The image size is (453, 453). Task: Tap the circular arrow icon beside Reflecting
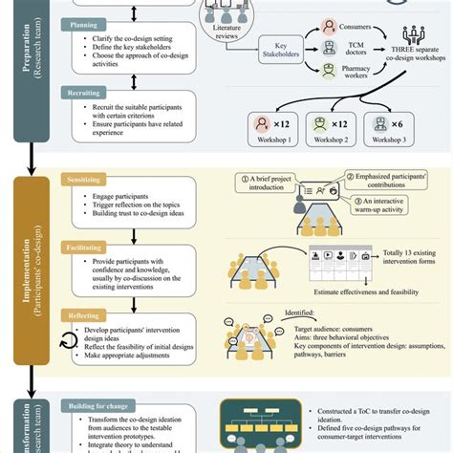(66, 338)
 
